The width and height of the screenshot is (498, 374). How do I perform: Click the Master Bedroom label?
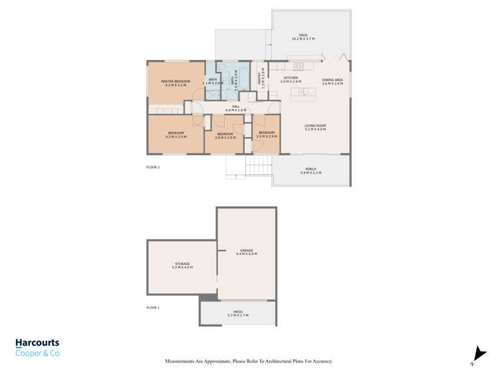pos(176,82)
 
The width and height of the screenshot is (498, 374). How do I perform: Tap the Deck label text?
pos(303,35)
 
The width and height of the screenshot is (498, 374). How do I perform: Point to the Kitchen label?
pos(291,79)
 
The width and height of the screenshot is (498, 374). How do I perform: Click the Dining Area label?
pos(332,80)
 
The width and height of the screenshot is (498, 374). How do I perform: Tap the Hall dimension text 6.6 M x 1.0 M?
pos(235,110)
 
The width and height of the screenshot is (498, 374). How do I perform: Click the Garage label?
pos(245,251)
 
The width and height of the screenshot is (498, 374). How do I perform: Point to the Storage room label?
pos(182,264)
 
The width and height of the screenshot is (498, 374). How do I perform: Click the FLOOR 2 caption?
pos(153,167)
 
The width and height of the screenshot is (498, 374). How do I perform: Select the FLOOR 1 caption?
pos(153,307)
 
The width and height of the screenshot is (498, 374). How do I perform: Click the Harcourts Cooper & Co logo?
pos(37,347)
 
